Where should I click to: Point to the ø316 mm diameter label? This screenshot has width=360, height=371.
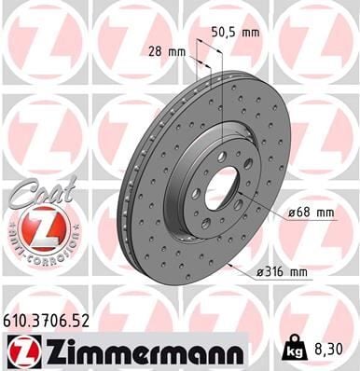(283, 272)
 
